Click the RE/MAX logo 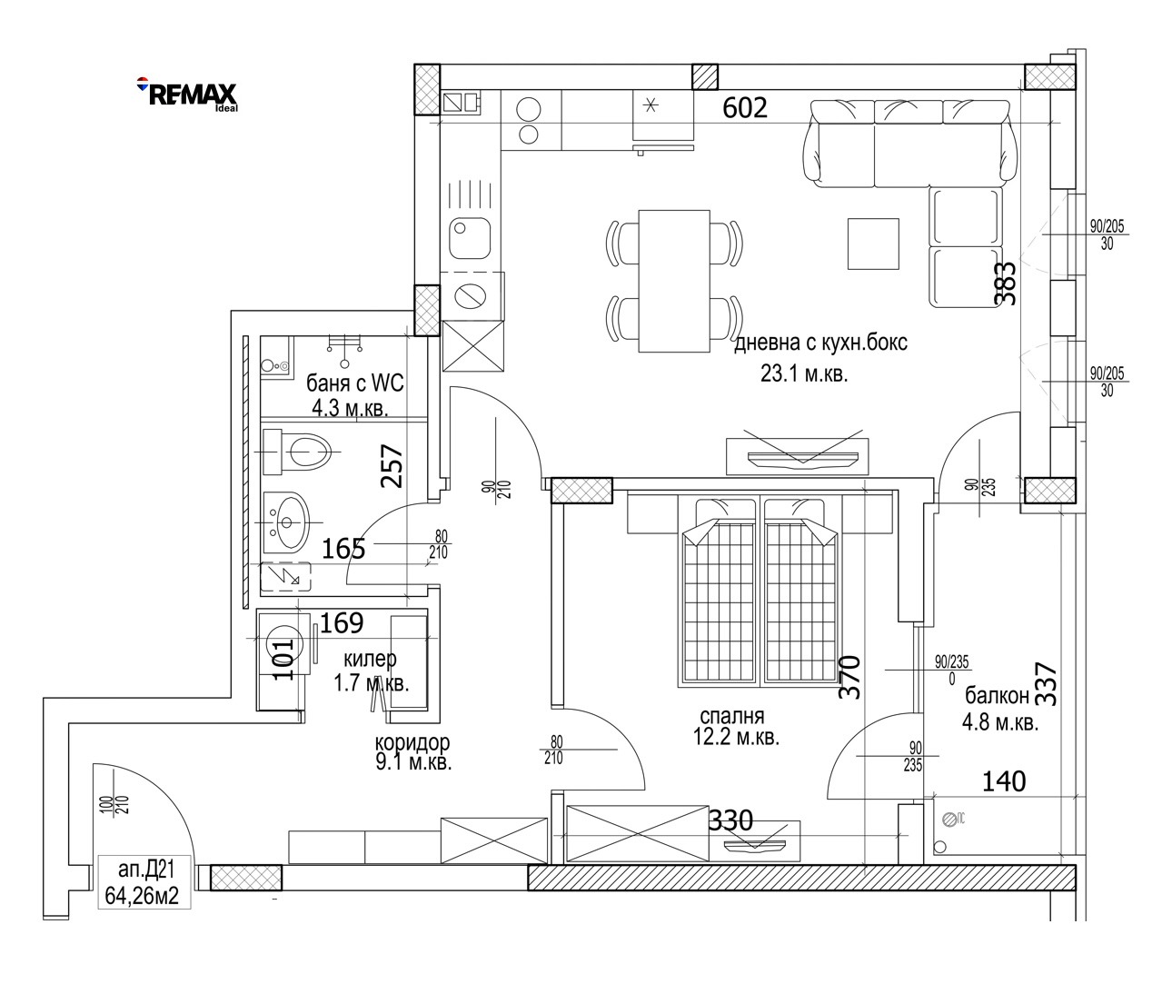click(x=188, y=94)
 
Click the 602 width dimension click(x=744, y=108)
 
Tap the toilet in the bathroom click(x=297, y=452)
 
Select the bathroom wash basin click(x=286, y=522)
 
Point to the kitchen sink click(x=470, y=238)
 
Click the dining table click(x=674, y=282)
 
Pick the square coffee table click(x=873, y=244)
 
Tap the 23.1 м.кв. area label click(x=803, y=374)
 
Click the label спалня click(x=732, y=716)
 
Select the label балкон click(x=997, y=695)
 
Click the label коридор click(x=412, y=741)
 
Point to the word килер click(x=370, y=659)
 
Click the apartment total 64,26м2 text click(x=142, y=896)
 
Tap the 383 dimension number click(x=1008, y=283)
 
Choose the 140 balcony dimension click(x=1004, y=782)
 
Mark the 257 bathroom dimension click(x=392, y=466)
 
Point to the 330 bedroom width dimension click(x=730, y=820)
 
